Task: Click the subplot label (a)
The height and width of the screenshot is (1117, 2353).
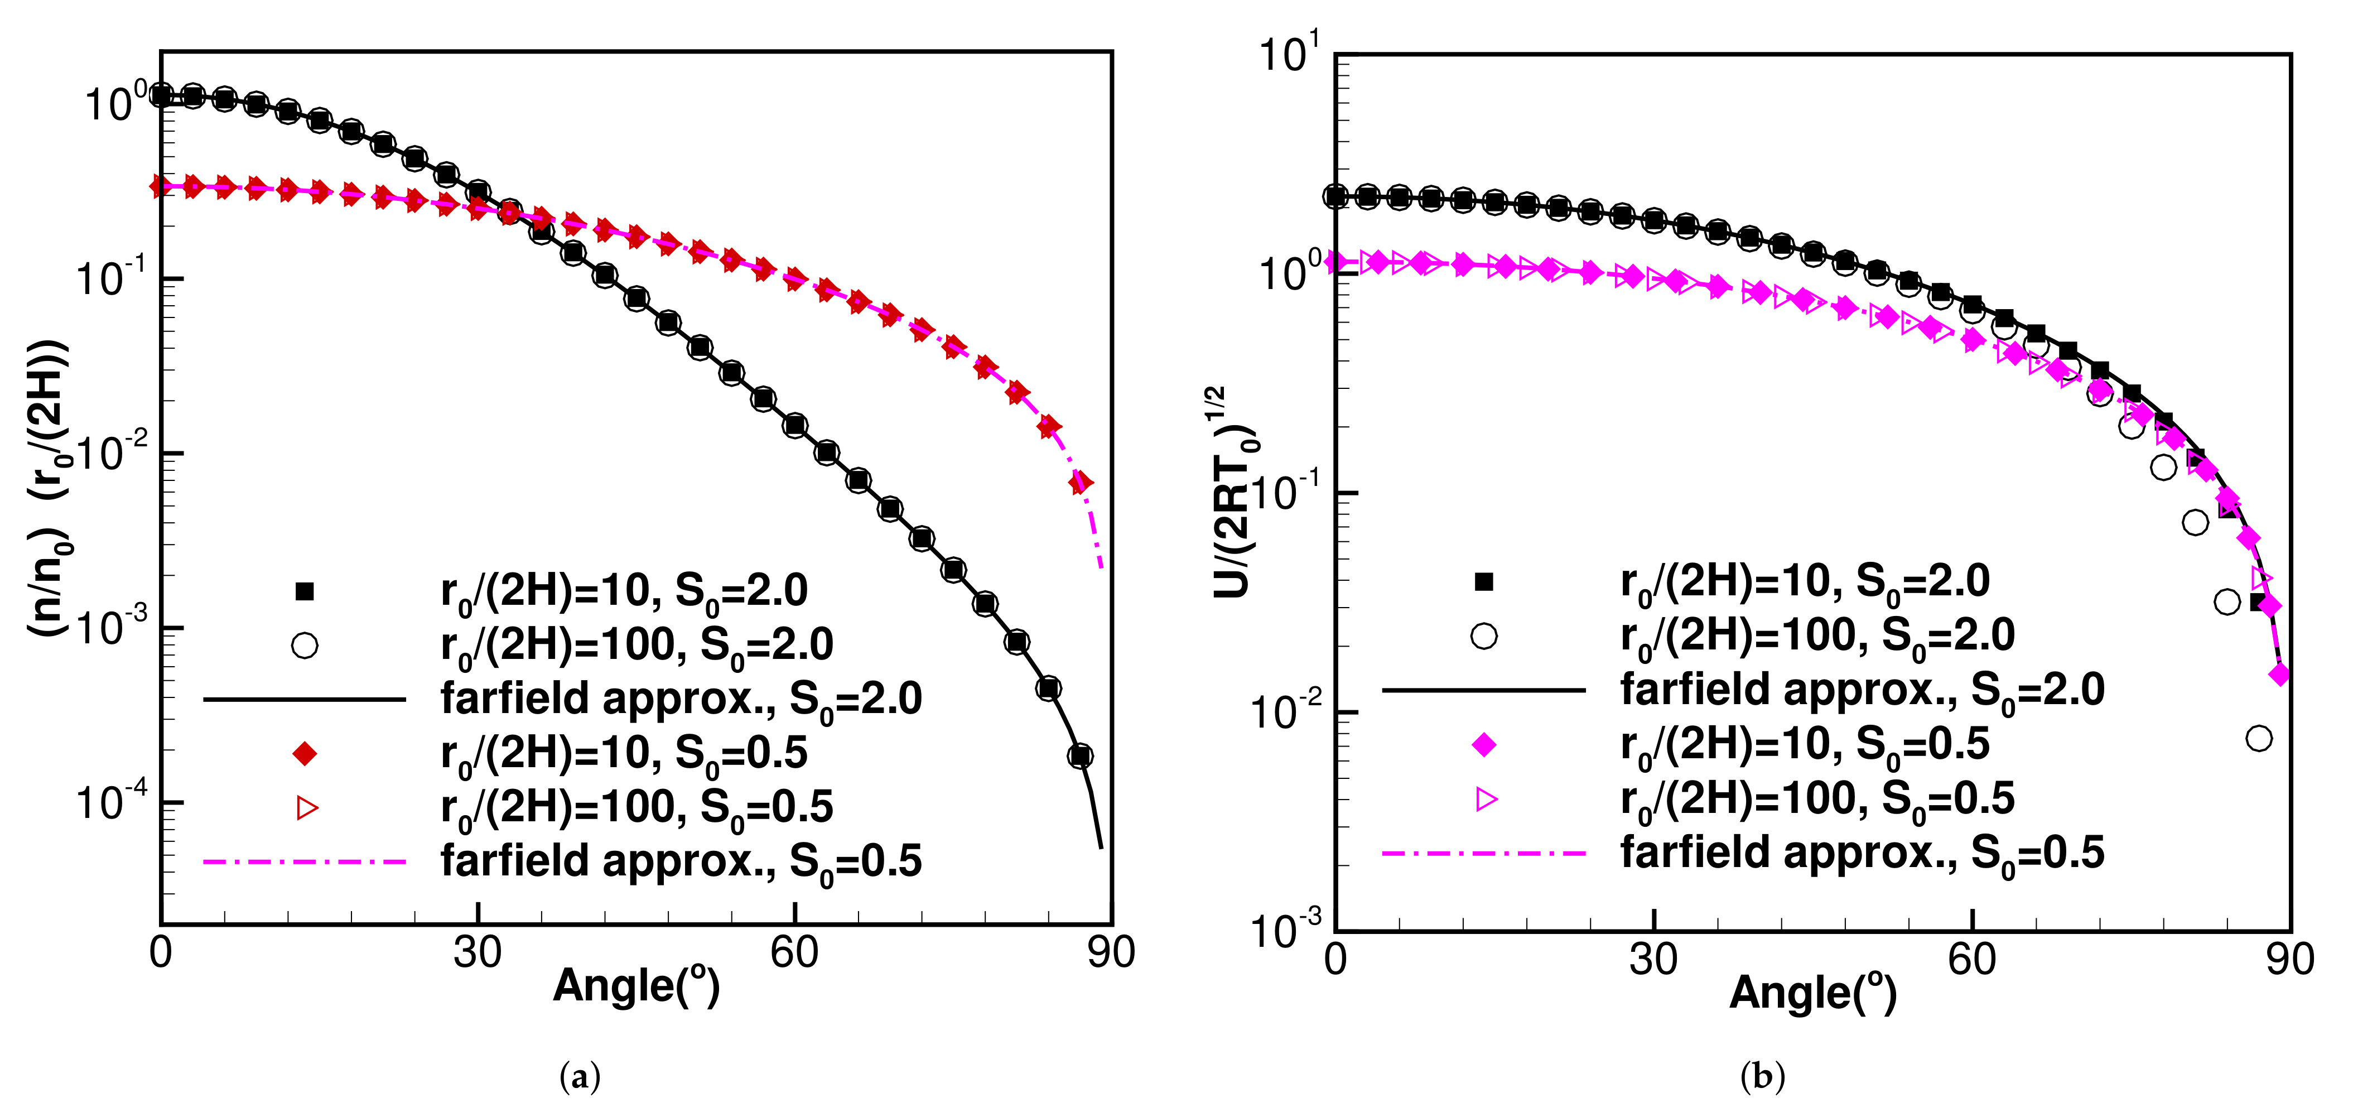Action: tap(579, 1078)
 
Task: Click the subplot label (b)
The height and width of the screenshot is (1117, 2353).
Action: tap(1762, 1078)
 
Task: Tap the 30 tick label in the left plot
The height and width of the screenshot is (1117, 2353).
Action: tap(477, 952)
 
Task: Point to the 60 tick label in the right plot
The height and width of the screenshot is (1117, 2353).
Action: tap(1971, 959)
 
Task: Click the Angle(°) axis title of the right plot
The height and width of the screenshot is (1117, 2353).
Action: tap(1812, 993)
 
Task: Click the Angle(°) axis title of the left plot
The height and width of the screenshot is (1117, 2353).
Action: tap(636, 986)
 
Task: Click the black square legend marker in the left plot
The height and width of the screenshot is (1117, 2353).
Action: tap(305, 592)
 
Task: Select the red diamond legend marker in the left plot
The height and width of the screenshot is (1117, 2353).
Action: tap(305, 753)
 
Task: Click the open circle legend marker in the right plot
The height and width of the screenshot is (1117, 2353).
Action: tap(1484, 635)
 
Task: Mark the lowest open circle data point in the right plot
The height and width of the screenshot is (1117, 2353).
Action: tap(2259, 738)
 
